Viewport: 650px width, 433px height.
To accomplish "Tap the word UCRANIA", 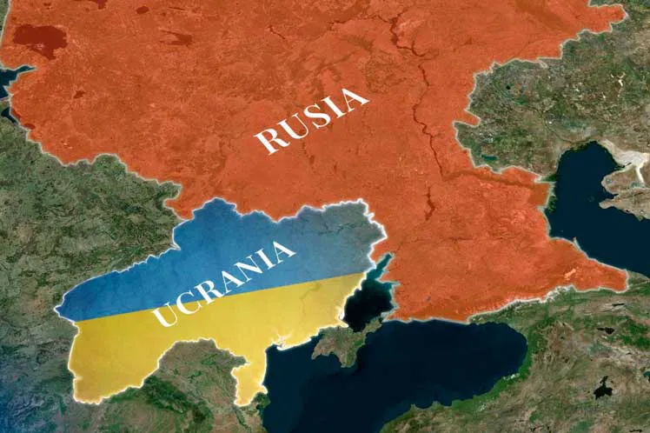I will point(224,284).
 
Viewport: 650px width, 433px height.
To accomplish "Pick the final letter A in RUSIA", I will point(354,99).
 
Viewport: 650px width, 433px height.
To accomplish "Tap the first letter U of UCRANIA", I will point(162,316).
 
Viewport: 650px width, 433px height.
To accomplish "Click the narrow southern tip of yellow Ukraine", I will point(251,390).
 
